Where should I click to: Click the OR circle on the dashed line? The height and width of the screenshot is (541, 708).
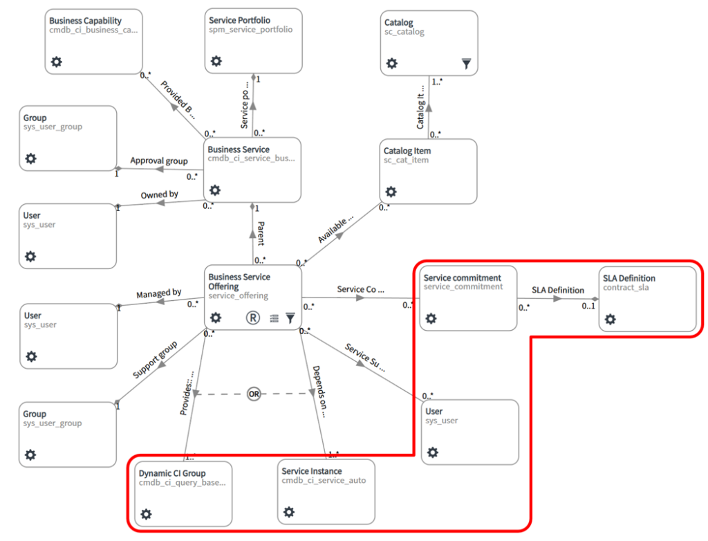click(254, 394)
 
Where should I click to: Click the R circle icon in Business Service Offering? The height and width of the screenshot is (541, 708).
click(253, 318)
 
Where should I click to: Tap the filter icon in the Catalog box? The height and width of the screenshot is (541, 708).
click(467, 64)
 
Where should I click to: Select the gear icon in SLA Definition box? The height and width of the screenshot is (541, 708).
click(610, 319)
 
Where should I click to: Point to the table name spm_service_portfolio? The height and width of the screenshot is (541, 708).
click(250, 30)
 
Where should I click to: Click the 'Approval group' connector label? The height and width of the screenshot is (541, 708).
click(159, 161)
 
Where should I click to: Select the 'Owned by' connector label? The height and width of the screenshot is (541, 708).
click(160, 195)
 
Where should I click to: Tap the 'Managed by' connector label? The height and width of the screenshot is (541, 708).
click(158, 293)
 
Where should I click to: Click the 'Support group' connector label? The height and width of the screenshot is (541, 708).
click(155, 359)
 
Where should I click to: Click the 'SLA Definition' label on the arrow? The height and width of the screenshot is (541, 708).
click(557, 290)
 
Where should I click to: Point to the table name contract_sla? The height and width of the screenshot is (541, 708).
click(626, 287)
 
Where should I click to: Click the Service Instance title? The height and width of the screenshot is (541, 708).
click(311, 471)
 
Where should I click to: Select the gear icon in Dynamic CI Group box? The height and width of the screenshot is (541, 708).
click(146, 514)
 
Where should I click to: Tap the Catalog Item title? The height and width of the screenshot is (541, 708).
click(407, 151)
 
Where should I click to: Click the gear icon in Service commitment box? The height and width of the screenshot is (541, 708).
click(430, 318)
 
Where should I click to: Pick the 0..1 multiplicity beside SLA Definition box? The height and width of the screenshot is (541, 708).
click(588, 306)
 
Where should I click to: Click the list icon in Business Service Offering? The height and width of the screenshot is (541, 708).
click(274, 318)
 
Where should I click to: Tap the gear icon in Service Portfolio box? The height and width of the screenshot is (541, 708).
click(216, 62)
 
